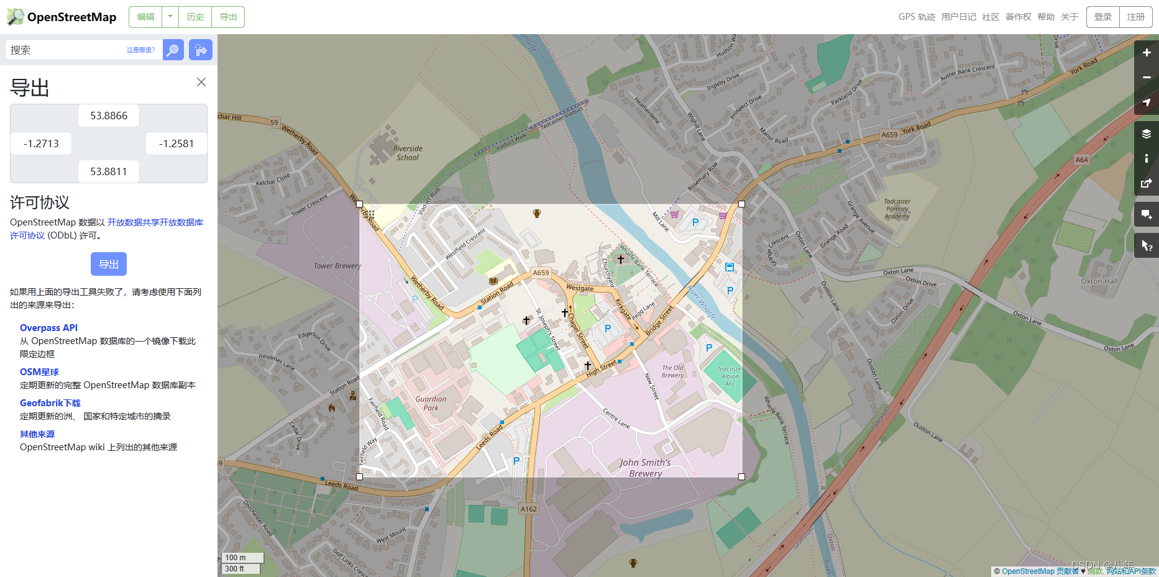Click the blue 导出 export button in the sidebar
point(109,264)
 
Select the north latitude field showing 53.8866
point(109,116)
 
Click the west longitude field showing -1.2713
point(41,143)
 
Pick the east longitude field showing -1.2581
point(176,143)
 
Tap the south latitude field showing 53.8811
point(109,171)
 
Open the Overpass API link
point(48,328)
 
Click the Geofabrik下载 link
point(50,403)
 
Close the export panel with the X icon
point(201,82)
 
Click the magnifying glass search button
point(173,50)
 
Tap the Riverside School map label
point(408,153)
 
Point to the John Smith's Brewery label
point(645,468)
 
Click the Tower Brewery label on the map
point(337,266)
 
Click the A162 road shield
point(528,509)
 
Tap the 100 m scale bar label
point(236,558)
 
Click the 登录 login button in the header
point(1103,17)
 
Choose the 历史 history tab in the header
point(195,17)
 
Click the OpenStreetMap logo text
point(71,17)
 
